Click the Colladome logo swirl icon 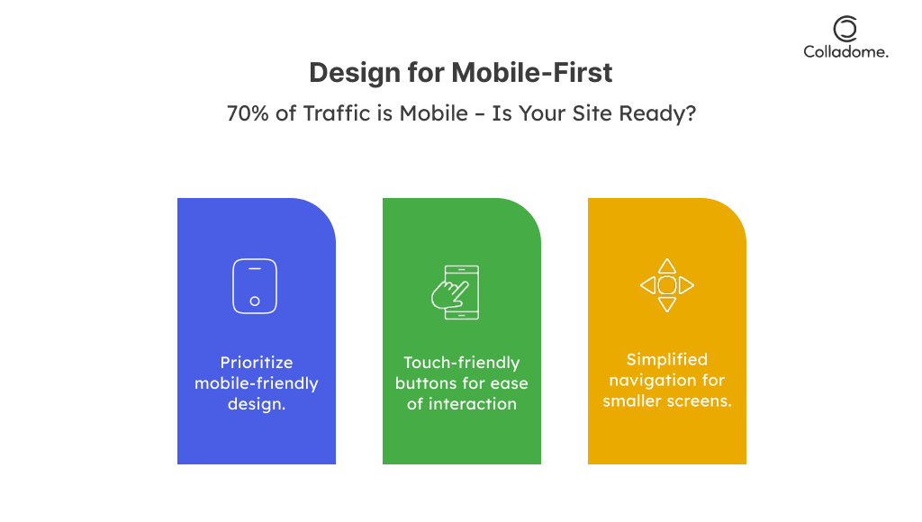[x=845, y=29]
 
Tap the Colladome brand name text [x=845, y=51]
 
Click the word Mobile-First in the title [x=531, y=73]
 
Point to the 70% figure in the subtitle [x=248, y=112]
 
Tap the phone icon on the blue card [x=255, y=285]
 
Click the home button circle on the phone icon [x=255, y=301]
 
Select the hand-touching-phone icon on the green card [x=455, y=292]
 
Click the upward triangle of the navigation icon [x=667, y=266]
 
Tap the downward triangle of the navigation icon [x=667, y=304]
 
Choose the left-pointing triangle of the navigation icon [x=648, y=285]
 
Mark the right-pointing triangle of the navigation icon [x=686, y=285]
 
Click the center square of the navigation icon [x=667, y=285]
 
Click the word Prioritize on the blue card [x=257, y=362]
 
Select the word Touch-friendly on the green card [x=462, y=363]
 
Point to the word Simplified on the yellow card [x=667, y=360]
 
